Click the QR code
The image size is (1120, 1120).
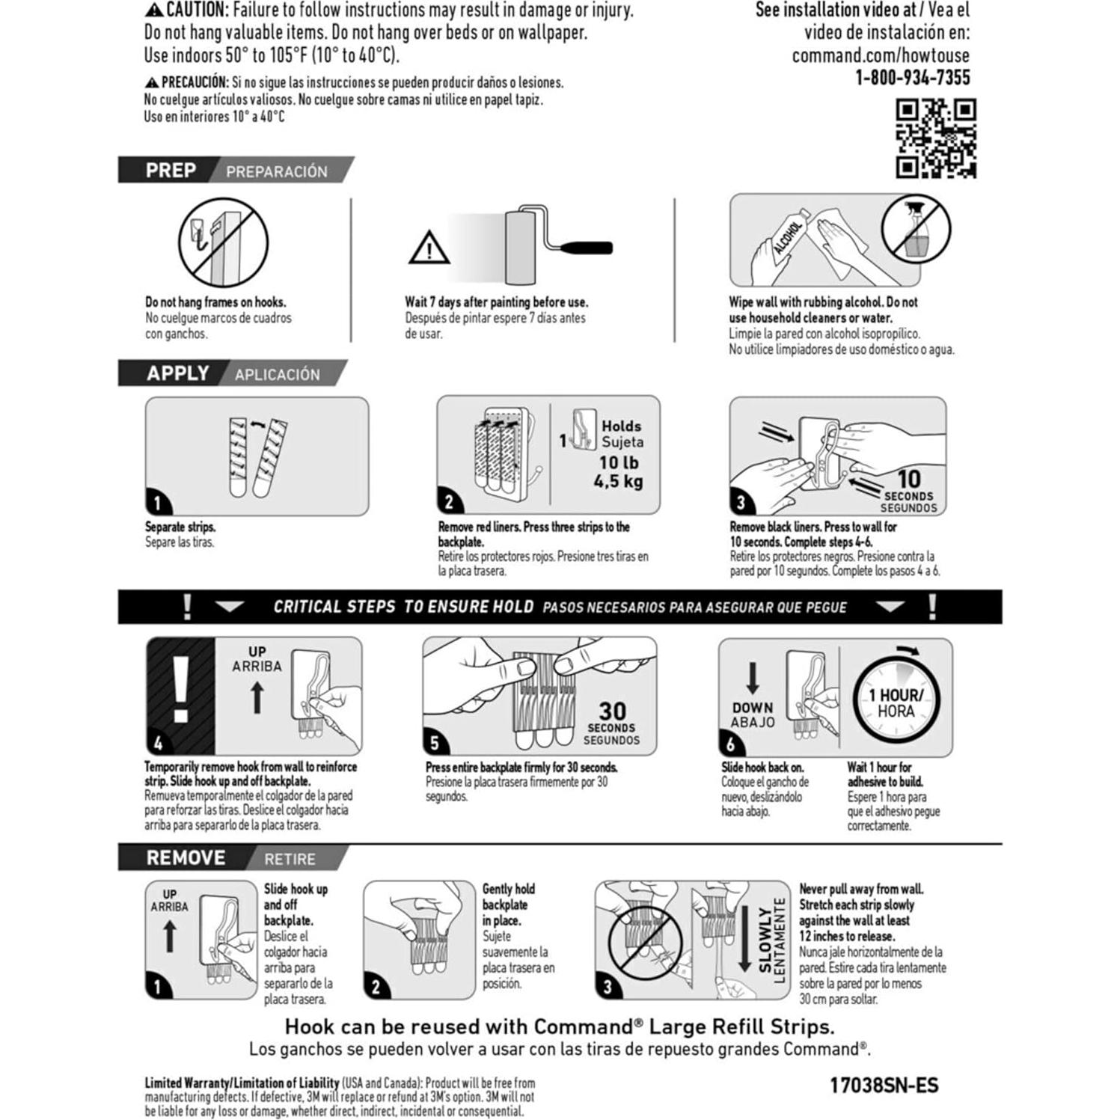pos(936,139)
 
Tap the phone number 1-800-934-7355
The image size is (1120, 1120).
pos(913,78)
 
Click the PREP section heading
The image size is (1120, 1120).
pos(171,171)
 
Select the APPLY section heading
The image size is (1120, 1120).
pos(177,373)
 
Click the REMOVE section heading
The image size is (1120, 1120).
pos(186,858)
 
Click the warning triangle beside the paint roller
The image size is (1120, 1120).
pos(429,248)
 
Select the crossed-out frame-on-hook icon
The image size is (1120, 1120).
pos(223,242)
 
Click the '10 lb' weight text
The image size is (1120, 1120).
pos(619,462)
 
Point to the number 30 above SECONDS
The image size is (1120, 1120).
pos(612,711)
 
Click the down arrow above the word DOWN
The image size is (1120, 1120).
pos(753,678)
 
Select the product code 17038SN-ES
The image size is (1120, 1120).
pos(884,1085)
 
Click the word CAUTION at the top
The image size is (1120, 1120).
pos(195,10)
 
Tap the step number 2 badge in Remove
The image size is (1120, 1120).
pos(376,987)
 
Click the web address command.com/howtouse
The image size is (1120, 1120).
pos(881,55)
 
